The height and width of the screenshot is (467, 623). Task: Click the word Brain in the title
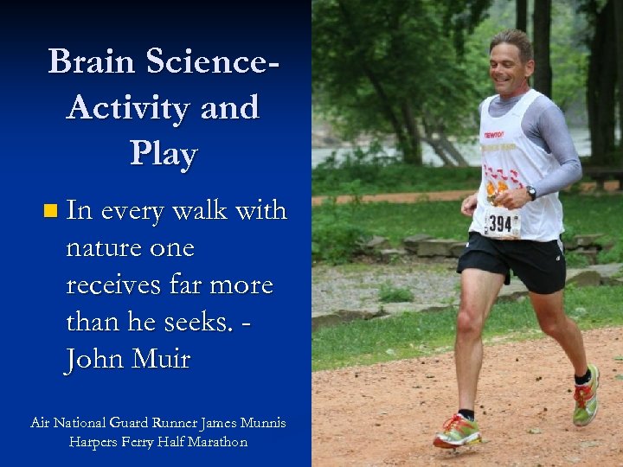click(91, 61)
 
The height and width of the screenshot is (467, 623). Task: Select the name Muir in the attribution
click(160, 359)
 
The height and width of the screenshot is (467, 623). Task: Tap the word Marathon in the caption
click(215, 442)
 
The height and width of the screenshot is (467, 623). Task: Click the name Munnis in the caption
click(257, 423)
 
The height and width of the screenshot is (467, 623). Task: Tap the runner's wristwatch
click(530, 193)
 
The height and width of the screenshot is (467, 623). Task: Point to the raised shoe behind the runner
click(586, 396)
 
